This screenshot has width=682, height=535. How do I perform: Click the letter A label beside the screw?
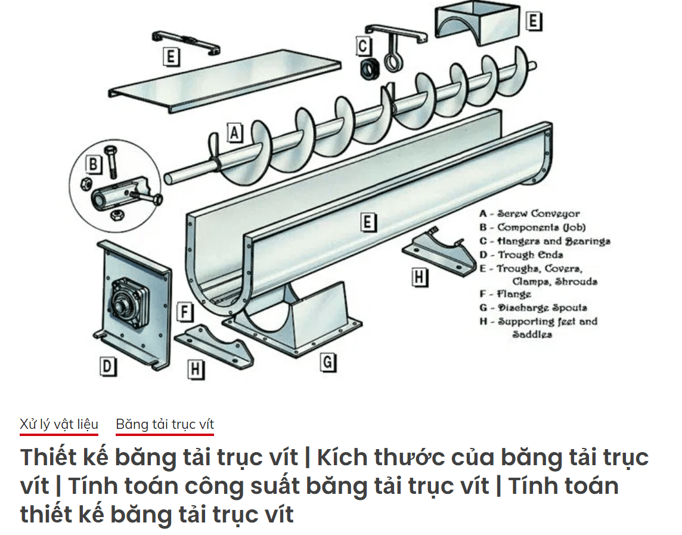(235, 132)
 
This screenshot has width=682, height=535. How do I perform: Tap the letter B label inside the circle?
(93, 163)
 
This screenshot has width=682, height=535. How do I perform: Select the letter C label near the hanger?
(363, 46)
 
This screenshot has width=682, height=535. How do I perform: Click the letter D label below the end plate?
(107, 366)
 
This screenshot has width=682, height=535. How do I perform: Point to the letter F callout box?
(186, 312)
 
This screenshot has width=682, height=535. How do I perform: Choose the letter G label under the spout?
(328, 362)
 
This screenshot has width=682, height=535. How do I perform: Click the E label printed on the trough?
(368, 222)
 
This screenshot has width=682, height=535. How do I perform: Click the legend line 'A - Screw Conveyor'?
(529, 214)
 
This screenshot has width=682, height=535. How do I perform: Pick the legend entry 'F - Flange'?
(505, 294)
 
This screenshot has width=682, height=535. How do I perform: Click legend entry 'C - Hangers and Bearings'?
(544, 241)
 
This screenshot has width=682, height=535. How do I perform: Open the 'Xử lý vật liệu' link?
(58, 424)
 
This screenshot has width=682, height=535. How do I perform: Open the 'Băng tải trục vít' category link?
(165, 424)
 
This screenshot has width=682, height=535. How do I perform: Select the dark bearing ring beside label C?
(370, 69)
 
